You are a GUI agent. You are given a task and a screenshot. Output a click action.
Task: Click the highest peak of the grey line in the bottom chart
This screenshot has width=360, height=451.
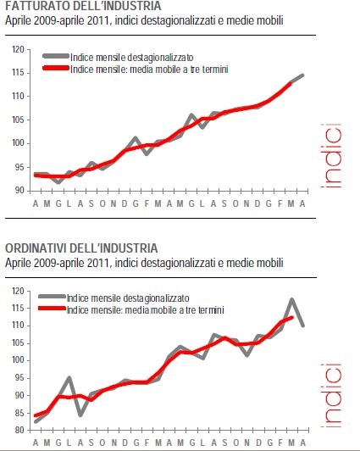[291, 299]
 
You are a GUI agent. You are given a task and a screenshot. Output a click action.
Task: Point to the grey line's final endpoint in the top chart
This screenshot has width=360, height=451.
[302, 75]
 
